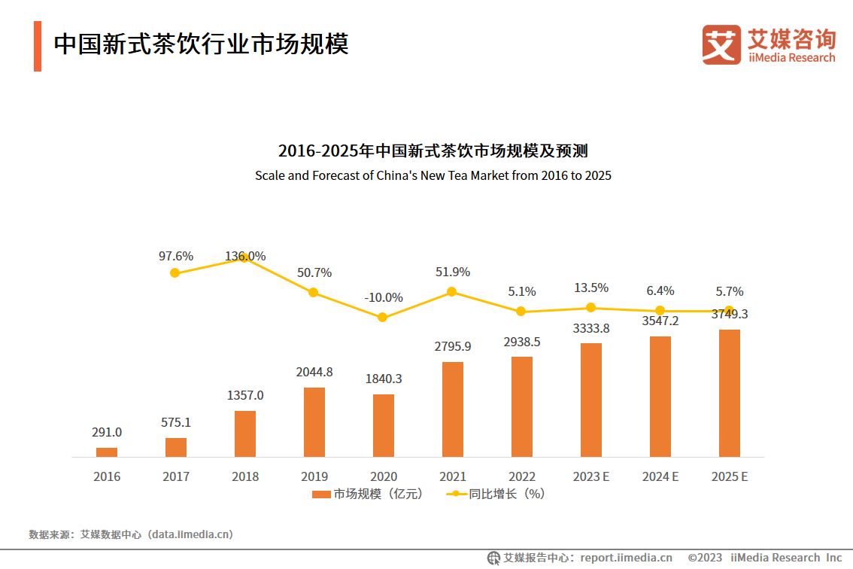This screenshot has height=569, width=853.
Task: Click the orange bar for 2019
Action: (314, 422)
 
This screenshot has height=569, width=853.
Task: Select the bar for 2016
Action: (107, 452)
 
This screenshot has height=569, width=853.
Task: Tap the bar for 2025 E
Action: (730, 393)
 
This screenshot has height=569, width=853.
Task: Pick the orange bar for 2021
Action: (453, 409)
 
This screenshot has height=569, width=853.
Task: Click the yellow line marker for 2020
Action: (382, 318)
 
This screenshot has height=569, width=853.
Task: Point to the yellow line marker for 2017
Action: (175, 273)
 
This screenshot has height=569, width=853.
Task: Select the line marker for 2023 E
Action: (591, 308)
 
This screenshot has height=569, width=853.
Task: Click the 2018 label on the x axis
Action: (245, 476)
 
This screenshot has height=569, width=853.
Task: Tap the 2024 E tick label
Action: (660, 476)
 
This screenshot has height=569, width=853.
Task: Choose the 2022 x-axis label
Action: (522, 476)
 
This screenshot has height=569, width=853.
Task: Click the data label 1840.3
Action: (384, 379)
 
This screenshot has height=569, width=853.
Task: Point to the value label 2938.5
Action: (522, 342)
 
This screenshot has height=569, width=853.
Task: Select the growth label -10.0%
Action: (384, 297)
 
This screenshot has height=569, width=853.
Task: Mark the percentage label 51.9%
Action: (453, 272)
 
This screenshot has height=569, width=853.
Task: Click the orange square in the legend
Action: (321, 494)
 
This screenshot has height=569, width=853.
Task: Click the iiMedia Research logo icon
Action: (721, 44)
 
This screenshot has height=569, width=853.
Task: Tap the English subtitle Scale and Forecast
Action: (433, 176)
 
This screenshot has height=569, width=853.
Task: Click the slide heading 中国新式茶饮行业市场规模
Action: (201, 44)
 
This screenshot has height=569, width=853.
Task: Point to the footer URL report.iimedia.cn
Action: (626, 558)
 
